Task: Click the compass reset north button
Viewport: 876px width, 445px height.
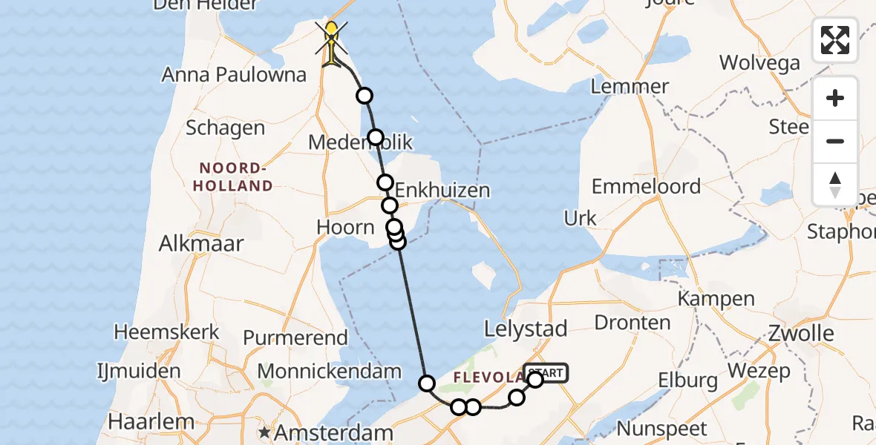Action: click(835, 185)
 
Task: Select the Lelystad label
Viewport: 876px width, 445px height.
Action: click(525, 329)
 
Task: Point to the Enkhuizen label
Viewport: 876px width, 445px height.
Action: click(442, 190)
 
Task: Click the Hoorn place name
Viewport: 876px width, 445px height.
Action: click(345, 227)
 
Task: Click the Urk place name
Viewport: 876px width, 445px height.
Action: click(580, 218)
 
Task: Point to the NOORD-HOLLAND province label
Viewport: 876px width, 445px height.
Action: click(233, 177)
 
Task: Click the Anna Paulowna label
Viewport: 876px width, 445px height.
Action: click(235, 74)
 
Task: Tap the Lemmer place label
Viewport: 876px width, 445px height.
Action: click(630, 86)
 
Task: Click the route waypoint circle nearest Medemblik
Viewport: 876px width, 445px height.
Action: click(376, 137)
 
